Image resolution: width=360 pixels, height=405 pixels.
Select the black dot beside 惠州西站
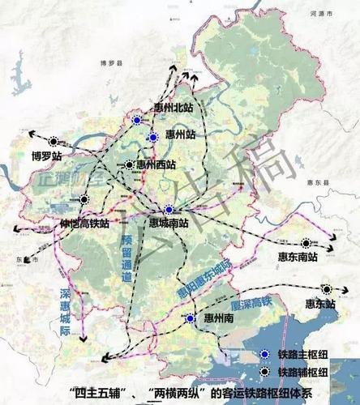[129, 165]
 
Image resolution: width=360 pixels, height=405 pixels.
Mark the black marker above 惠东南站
[306, 242]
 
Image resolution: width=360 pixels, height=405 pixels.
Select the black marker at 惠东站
[326, 288]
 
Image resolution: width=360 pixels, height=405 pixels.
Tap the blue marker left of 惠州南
[190, 319]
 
